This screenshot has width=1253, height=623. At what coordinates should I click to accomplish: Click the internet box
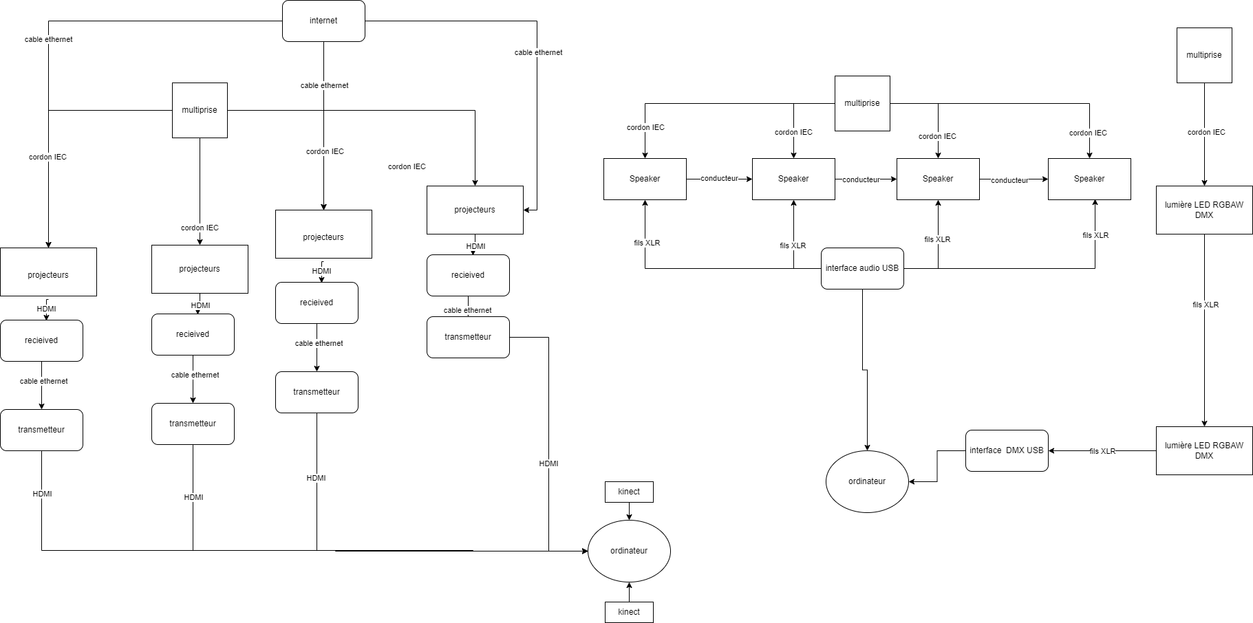323,21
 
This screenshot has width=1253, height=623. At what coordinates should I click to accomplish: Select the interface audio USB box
862,268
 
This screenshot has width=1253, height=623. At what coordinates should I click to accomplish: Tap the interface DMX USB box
1006,450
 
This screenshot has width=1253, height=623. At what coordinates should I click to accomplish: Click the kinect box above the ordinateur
629,492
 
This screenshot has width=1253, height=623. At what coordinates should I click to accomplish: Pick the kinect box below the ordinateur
629,612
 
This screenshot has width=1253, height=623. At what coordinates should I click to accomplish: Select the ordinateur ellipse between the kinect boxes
629,551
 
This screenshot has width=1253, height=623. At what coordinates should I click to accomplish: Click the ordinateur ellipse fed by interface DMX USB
867,481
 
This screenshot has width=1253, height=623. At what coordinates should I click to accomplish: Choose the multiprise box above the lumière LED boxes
1204,55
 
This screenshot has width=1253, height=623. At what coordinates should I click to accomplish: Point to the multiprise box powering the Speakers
862,103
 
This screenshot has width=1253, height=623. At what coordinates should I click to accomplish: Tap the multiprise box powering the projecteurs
200,110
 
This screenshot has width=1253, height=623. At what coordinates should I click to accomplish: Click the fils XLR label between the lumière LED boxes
1206,305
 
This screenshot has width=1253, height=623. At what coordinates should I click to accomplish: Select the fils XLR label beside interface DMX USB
1102,451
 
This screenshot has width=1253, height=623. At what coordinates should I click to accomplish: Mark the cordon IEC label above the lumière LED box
1206,132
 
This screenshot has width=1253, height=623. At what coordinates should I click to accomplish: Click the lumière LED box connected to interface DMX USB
1204,450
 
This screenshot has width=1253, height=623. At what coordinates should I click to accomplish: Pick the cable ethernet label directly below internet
324,85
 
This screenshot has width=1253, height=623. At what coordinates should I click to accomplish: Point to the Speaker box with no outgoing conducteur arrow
1089,179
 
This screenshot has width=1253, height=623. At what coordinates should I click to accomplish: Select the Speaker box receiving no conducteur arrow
645,179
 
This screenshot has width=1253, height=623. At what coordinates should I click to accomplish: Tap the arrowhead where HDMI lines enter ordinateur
584,551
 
